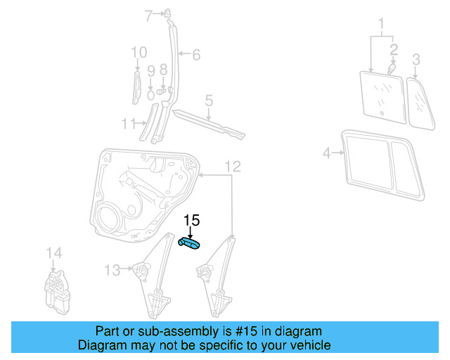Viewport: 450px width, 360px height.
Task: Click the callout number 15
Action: pyautogui.click(x=191, y=221)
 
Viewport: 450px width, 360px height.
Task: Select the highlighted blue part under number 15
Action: pyautogui.click(x=190, y=243)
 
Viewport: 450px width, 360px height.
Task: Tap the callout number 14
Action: pyautogui.click(x=54, y=253)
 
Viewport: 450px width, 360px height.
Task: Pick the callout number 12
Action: pyautogui.click(x=233, y=167)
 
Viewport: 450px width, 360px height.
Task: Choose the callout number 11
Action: pyautogui.click(x=127, y=124)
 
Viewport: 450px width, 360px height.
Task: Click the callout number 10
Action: pyautogui.click(x=139, y=52)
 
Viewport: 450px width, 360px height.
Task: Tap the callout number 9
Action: pyautogui.click(x=150, y=70)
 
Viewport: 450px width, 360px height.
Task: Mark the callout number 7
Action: pyautogui.click(x=148, y=15)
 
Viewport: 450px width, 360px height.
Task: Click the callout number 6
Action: pyautogui.click(x=196, y=54)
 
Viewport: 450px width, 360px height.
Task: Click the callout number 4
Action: pyautogui.click(x=326, y=153)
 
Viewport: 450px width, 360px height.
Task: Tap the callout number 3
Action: pyautogui.click(x=416, y=58)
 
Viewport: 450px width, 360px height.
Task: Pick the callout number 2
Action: pyautogui.click(x=394, y=49)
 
